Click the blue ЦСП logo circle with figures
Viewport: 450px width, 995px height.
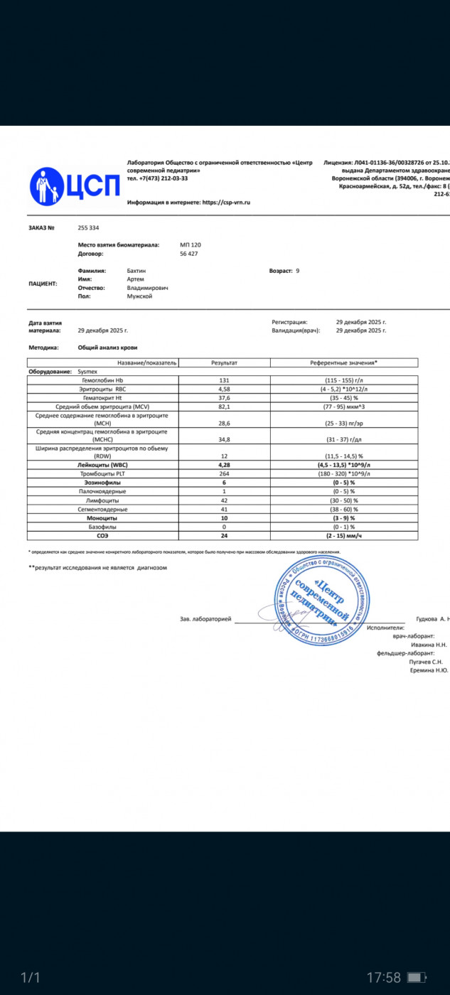48,186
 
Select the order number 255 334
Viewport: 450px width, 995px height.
88,228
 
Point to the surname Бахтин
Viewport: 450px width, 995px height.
136,271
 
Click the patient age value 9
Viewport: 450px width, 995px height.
298,271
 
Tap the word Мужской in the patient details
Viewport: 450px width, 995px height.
139,296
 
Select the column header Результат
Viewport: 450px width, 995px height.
224,362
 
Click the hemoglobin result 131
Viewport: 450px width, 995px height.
224,380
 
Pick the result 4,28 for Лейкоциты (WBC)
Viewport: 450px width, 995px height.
224,465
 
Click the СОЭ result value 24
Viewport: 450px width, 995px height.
224,536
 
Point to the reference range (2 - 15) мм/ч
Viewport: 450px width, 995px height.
344,536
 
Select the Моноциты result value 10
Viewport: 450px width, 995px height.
224,518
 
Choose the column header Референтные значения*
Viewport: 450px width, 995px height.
344,362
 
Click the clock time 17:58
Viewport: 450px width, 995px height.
384,978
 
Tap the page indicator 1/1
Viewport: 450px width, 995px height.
29,978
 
